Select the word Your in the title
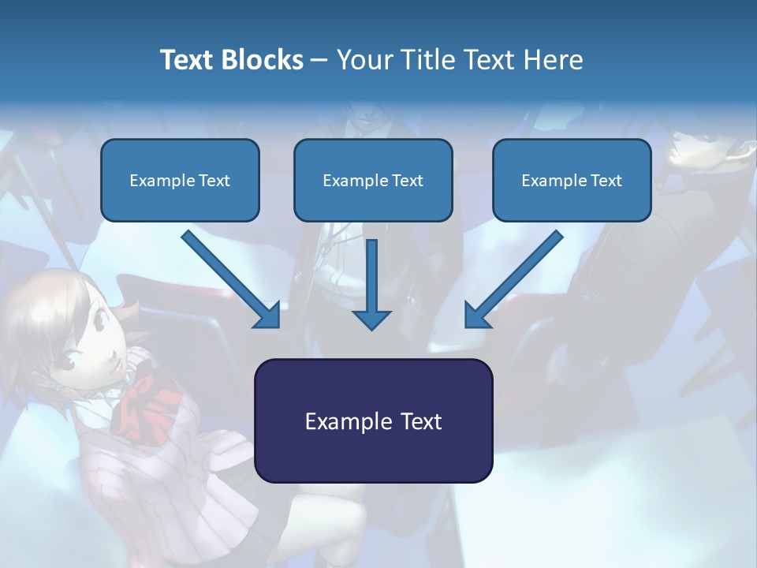[x=364, y=60]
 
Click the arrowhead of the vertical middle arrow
[x=371, y=319]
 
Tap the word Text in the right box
[x=606, y=181]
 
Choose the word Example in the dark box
[x=338, y=421]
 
